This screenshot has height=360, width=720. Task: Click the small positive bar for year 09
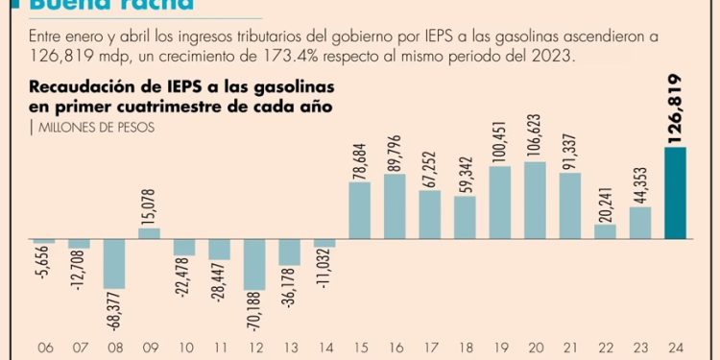[x=149, y=233]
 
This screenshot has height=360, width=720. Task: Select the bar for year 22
[x=606, y=231]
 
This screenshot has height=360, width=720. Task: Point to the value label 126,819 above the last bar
[x=675, y=105]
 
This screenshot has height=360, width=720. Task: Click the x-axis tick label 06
[x=44, y=348]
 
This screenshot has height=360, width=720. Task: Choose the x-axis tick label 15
[x=360, y=348]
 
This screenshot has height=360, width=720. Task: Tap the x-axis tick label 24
[x=675, y=348]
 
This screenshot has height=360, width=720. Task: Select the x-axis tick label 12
[x=254, y=348]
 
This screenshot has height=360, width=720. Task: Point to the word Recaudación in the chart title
[x=74, y=88]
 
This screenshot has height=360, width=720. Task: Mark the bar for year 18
[x=465, y=217]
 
